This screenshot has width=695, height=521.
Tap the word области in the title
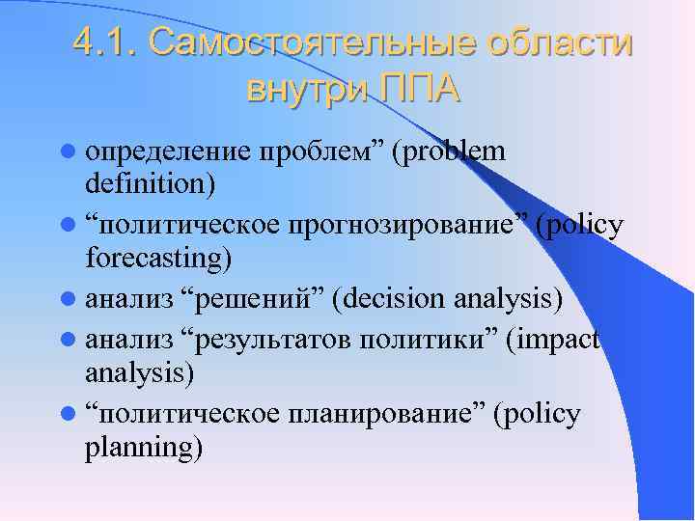[560, 43]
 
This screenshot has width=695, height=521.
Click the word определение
[169, 151]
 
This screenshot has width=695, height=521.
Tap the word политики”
[430, 340]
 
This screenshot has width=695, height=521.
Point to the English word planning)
[144, 448]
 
